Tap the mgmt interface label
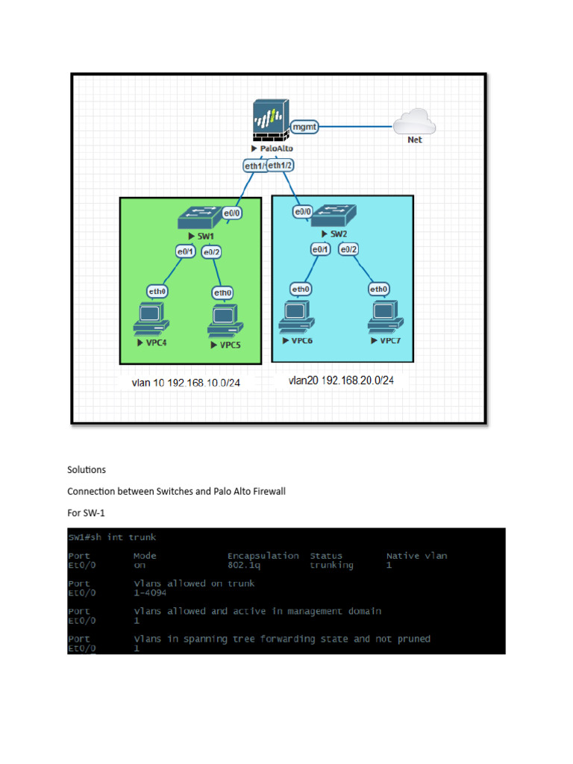[304, 127]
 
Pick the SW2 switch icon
[333, 216]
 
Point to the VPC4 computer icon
[150, 319]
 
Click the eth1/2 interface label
[281, 165]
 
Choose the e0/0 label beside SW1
[233, 213]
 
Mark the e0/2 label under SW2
[349, 249]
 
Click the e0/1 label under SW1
[185, 251]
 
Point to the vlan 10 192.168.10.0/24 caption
[187, 383]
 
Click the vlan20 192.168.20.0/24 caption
[341, 381]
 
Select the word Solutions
[87, 470]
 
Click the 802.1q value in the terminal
[247, 566]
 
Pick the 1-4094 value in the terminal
[149, 593]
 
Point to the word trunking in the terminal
[332, 566]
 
